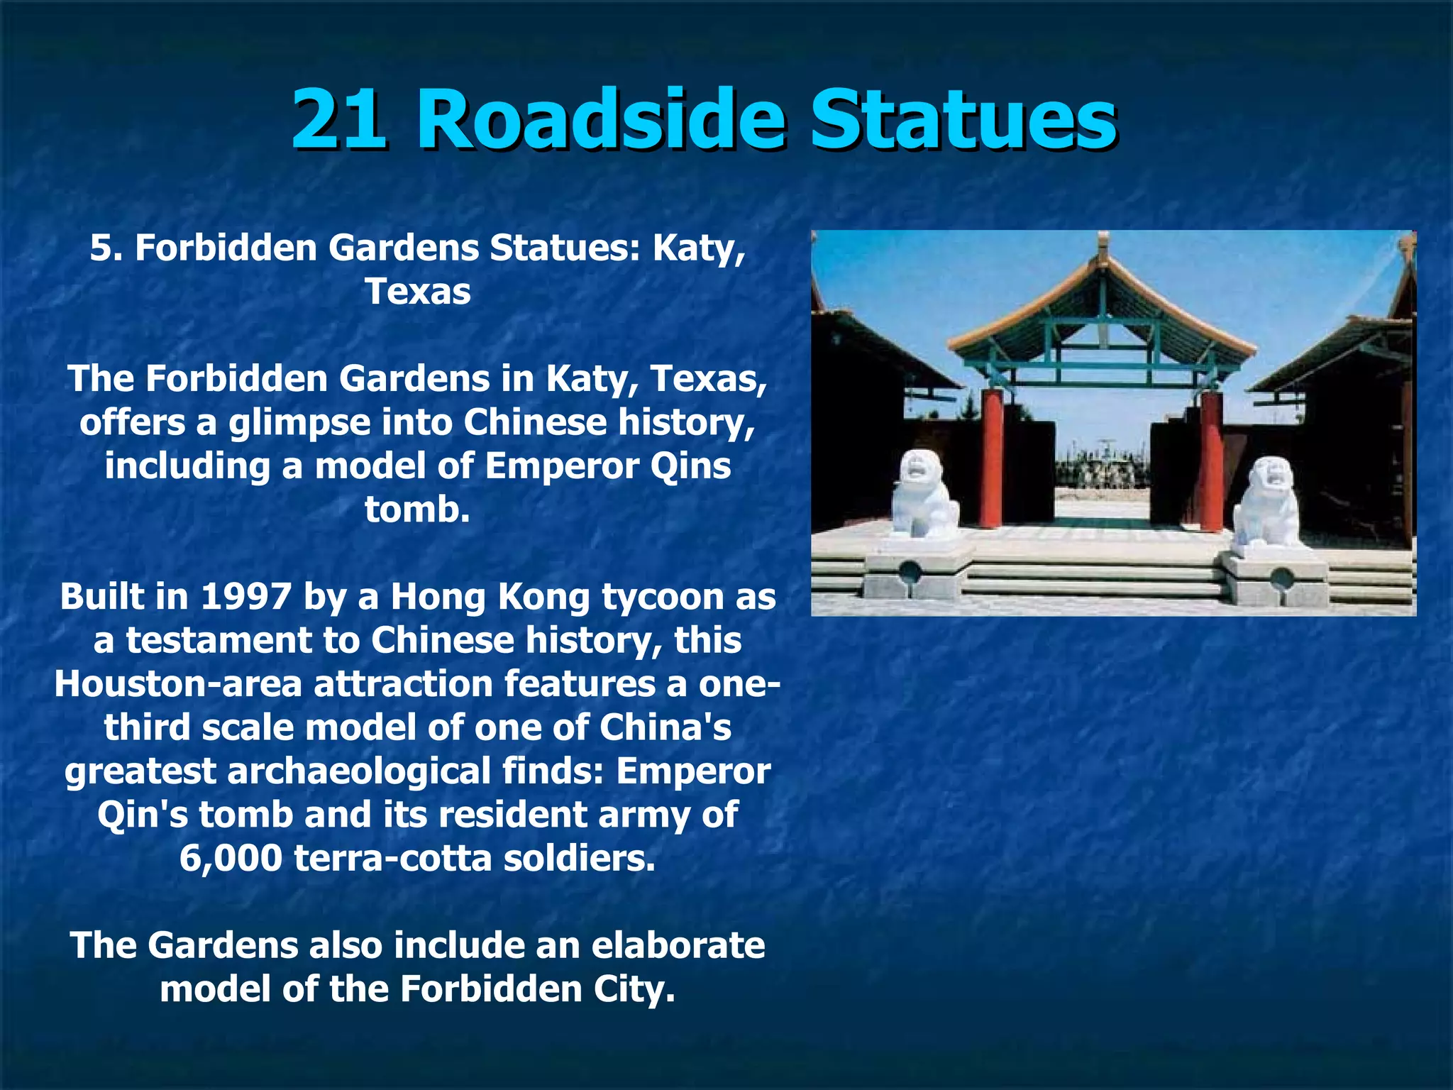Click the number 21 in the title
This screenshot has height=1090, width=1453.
(x=339, y=119)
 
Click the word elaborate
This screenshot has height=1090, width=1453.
(x=678, y=946)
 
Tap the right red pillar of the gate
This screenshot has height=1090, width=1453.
(x=1211, y=461)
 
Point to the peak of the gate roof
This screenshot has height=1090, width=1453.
(x=1102, y=245)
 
